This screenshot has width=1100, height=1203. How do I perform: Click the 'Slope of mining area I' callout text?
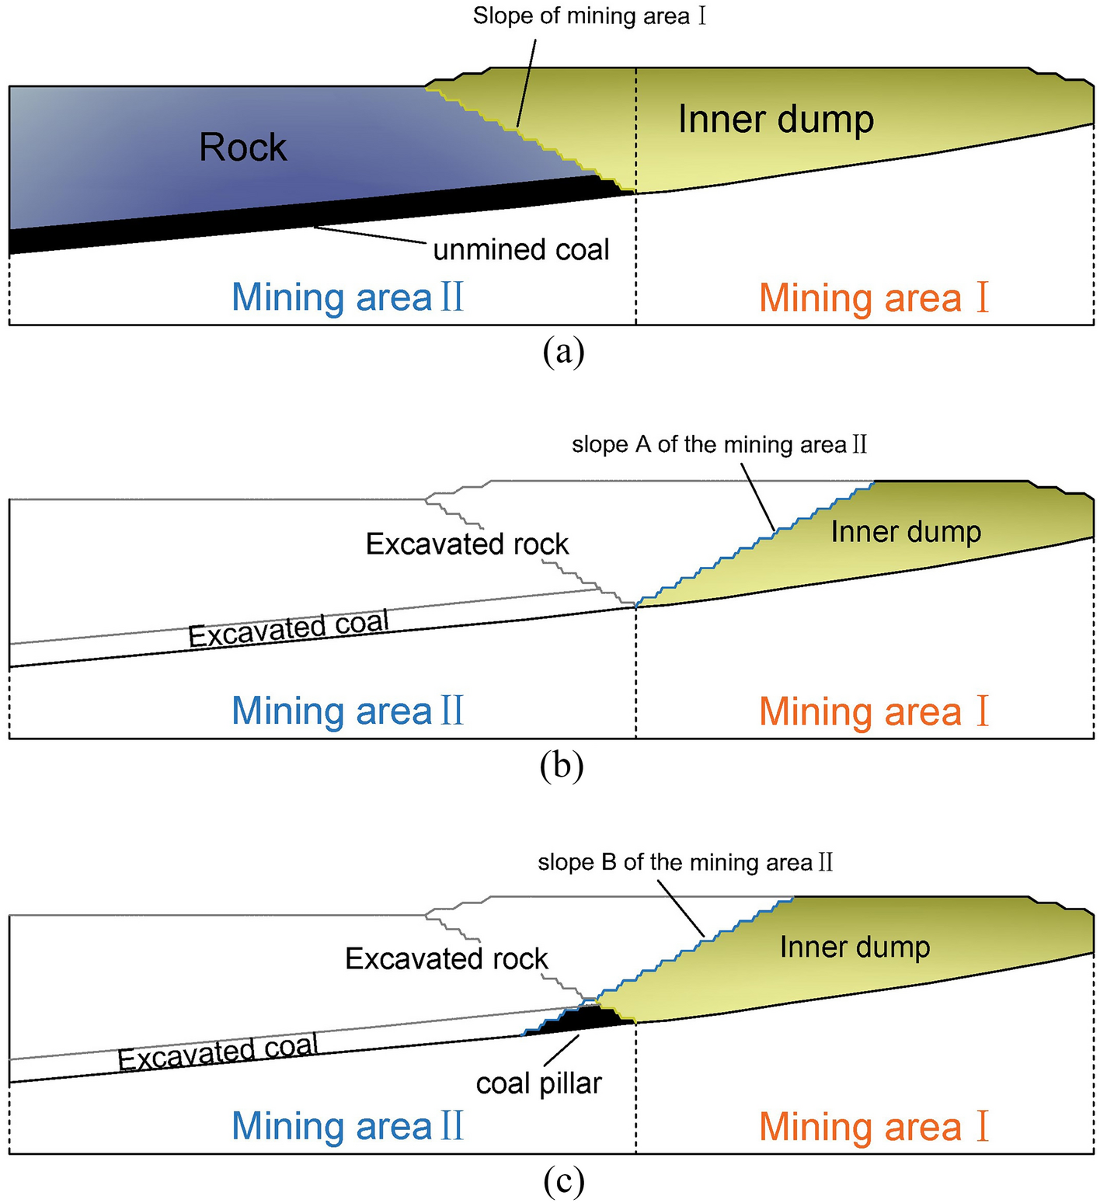pos(590,16)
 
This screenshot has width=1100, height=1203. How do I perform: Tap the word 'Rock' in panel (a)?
pos(242,148)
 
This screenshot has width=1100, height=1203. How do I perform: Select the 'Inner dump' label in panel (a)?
pos(775,120)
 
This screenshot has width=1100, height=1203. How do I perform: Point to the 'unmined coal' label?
pos(520,250)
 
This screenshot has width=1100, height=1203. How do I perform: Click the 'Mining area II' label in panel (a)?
pos(347,297)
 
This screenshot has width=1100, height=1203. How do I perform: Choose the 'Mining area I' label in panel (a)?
pos(874,298)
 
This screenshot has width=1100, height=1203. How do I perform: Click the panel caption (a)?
pos(563,352)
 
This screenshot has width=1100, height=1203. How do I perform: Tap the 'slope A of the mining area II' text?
pos(719,445)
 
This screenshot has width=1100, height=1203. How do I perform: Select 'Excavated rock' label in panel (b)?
pos(467,544)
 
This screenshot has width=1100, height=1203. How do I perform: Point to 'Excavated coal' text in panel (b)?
pos(288,629)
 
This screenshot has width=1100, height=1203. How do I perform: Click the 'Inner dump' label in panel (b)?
pos(906,532)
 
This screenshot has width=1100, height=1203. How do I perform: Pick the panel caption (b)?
pos(562,766)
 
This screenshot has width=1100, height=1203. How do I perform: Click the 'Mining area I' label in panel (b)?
pos(874,711)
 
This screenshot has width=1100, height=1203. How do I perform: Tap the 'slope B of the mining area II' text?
pos(685,863)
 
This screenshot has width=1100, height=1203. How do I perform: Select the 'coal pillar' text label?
pos(538,1083)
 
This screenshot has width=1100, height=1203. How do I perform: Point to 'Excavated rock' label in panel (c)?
pos(446,959)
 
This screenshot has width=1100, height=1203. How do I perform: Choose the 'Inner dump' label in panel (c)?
pos(855,947)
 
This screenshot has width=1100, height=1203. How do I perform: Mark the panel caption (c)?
pos(563,1181)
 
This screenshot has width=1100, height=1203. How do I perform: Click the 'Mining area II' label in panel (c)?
pos(347,1126)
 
